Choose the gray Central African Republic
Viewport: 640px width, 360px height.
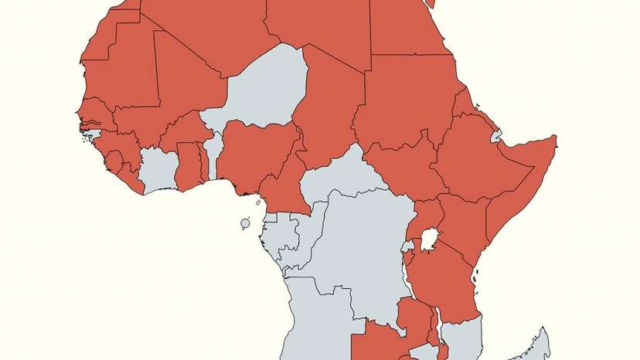coord(340,174)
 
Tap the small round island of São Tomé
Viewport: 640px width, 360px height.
coord(245,224)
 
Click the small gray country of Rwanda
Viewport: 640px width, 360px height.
coord(407,246)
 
